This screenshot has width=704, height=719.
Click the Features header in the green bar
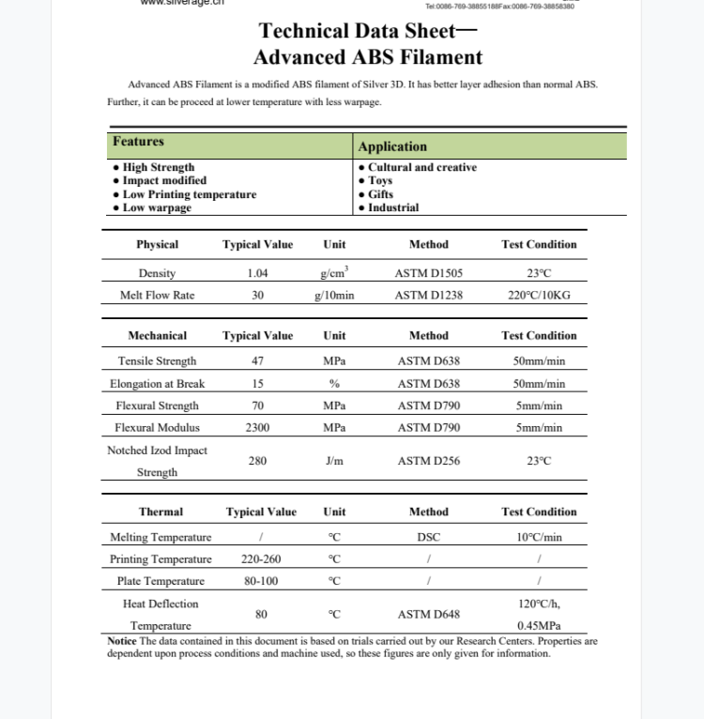click(x=138, y=142)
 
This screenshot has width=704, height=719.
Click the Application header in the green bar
click(x=392, y=146)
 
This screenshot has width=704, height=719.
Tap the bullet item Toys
click(x=380, y=180)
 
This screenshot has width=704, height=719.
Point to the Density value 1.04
click(x=257, y=273)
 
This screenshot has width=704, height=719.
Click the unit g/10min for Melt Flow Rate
click(x=334, y=295)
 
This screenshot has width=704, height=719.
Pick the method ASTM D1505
click(x=428, y=273)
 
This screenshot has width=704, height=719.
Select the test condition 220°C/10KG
click(x=539, y=295)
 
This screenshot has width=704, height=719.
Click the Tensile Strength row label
click(x=157, y=361)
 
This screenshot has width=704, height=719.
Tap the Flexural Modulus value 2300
click(x=257, y=428)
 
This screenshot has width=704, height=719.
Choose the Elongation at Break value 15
click(x=257, y=384)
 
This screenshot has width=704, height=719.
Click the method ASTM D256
click(x=428, y=461)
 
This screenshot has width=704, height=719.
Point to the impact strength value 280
click(x=257, y=461)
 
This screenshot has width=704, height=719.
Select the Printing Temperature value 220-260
click(x=260, y=559)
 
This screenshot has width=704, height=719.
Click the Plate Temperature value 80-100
click(x=260, y=581)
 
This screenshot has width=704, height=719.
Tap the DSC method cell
click(x=428, y=538)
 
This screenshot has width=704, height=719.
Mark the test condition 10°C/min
click(x=539, y=538)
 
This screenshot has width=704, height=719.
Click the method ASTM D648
click(x=428, y=615)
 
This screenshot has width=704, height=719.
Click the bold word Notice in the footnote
click(x=122, y=641)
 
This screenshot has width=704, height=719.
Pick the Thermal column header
click(x=161, y=512)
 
